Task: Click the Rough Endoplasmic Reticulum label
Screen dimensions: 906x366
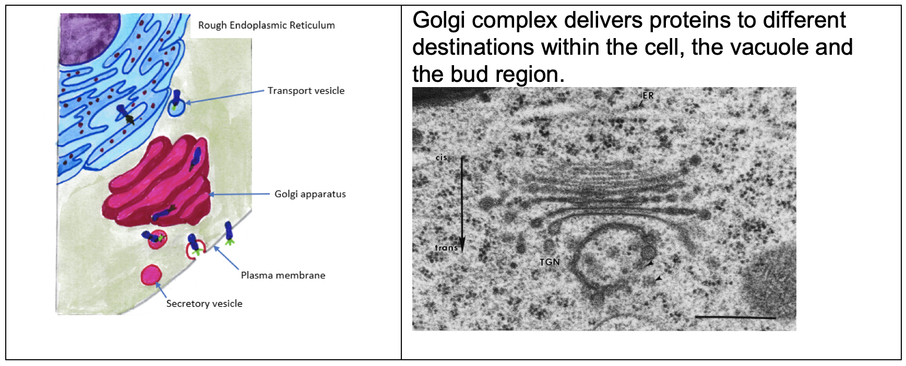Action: (266, 25)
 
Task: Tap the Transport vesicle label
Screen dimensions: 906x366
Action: (306, 91)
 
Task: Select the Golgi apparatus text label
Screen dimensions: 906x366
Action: (310, 194)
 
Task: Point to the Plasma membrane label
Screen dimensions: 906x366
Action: (283, 275)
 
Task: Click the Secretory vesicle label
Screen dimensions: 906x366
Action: (204, 303)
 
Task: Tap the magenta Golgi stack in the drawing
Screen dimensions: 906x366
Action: (157, 182)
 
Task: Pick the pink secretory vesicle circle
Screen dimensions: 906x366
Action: (151, 275)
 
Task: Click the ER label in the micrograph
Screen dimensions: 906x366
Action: (648, 96)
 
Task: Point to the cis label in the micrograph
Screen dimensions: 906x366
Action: (442, 157)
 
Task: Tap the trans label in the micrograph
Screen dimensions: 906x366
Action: (446, 248)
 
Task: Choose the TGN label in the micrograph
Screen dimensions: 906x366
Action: (550, 262)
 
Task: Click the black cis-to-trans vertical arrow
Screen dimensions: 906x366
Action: (462, 203)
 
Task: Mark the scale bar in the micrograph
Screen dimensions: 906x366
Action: (735, 316)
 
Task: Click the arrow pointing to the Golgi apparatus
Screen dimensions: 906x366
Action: (240, 194)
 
